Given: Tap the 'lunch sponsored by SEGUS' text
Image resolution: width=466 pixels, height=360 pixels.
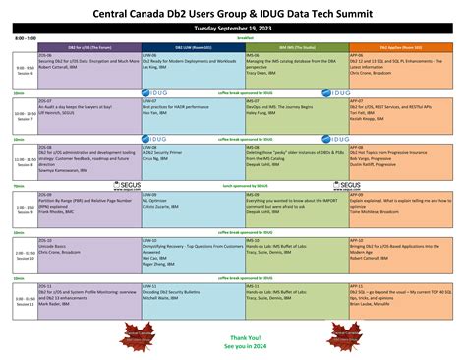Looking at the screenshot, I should click(x=233, y=184).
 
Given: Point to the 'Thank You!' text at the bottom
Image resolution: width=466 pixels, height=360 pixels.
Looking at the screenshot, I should click(x=234, y=334).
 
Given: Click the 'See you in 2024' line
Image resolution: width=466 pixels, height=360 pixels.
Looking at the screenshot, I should click(x=234, y=344).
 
